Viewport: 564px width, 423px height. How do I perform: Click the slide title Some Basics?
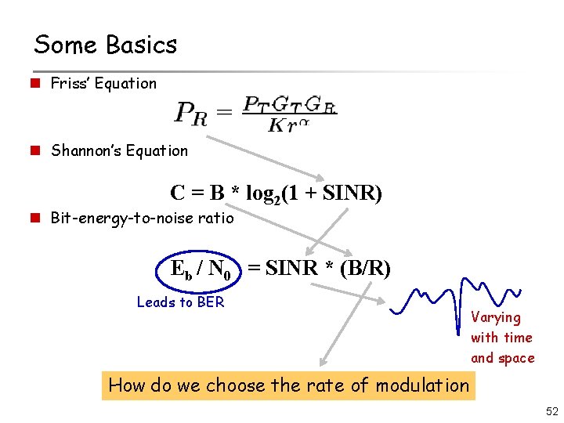point(106,45)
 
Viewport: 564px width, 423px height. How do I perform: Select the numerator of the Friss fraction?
point(289,103)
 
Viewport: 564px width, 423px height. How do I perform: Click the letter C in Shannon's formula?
point(178,192)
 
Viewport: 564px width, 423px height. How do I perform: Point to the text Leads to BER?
point(180,302)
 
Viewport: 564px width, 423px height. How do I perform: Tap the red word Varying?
point(496,317)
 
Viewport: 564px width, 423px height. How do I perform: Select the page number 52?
point(550,411)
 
